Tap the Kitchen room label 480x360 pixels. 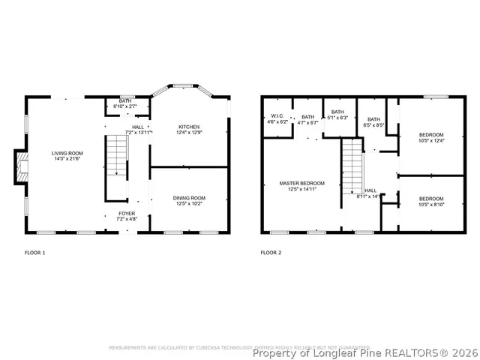pyautogui.click(x=190, y=129)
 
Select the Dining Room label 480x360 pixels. pyautogui.click(x=190, y=200)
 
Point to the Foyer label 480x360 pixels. pyautogui.click(x=127, y=216)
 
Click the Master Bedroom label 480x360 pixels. pyautogui.click(x=301, y=186)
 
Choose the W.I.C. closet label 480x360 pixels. pyautogui.click(x=277, y=118)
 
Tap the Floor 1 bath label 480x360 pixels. pyautogui.click(x=125, y=104)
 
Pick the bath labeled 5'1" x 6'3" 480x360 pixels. pyautogui.click(x=337, y=115)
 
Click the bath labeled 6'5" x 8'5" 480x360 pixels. pyautogui.click(x=373, y=122)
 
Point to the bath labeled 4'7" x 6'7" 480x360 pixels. pyautogui.click(x=307, y=119)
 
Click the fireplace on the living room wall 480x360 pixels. pyautogui.click(x=21, y=166)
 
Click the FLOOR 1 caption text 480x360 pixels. pyautogui.click(x=35, y=253)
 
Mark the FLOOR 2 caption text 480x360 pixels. pyautogui.click(x=271, y=253)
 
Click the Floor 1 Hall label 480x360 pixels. pyautogui.click(x=138, y=130)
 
